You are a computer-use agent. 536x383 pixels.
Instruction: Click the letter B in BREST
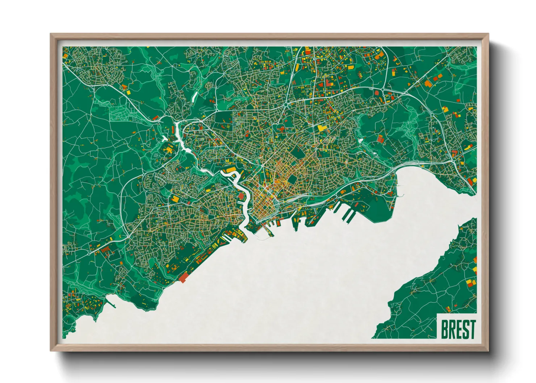(445, 329)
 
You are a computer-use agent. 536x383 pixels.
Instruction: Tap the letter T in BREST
(472, 329)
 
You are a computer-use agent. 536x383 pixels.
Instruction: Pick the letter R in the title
(452, 329)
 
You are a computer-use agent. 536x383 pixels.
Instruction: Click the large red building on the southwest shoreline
(184, 277)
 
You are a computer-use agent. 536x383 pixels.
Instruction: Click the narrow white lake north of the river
(194, 96)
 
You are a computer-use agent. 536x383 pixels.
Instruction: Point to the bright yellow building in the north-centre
(321, 127)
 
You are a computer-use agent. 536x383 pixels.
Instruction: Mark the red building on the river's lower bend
(242, 195)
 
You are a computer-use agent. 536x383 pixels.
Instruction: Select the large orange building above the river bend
(230, 169)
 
